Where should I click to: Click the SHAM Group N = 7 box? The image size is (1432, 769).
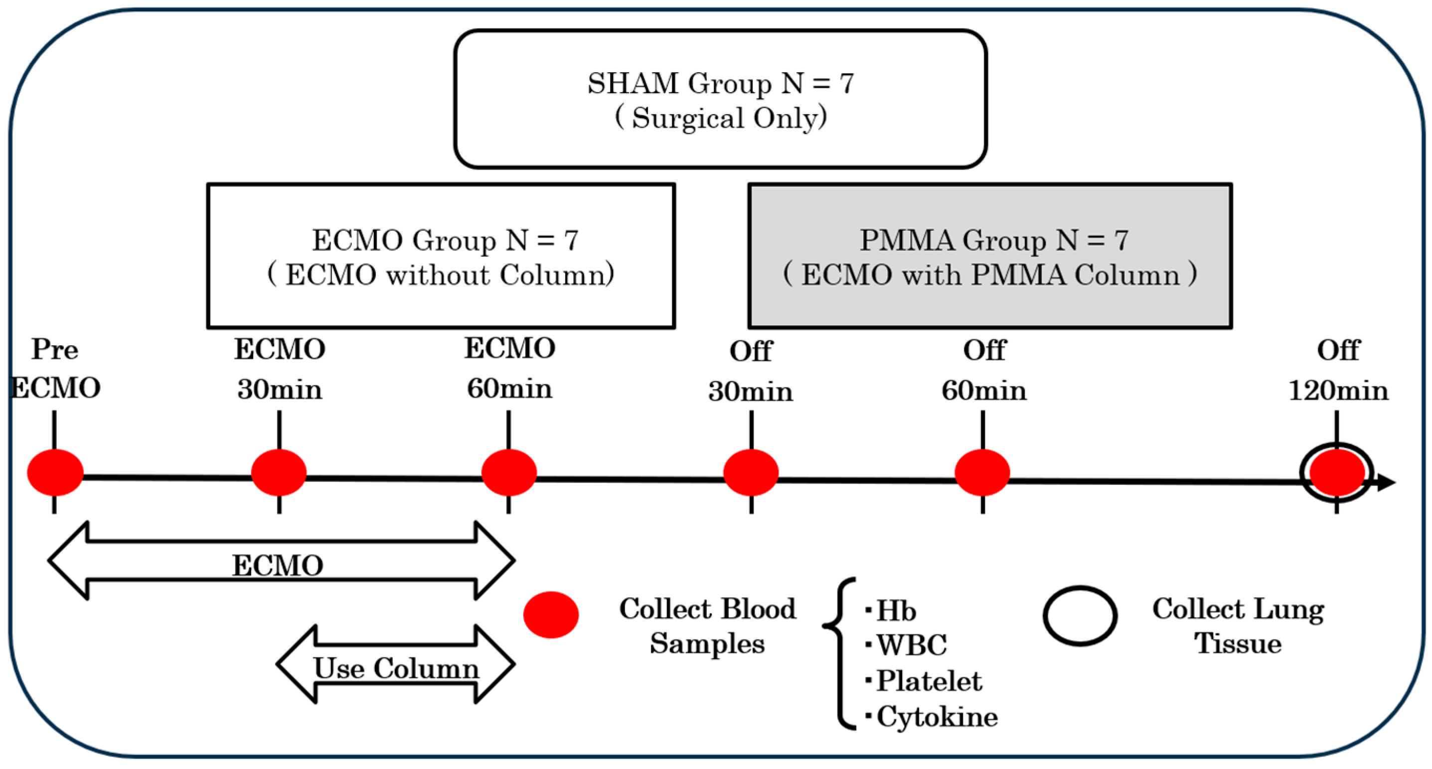coord(720,99)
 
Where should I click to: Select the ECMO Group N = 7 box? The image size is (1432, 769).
coord(441,256)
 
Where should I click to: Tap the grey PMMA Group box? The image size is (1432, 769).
coord(990,256)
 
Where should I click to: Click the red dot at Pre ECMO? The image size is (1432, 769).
coord(55,472)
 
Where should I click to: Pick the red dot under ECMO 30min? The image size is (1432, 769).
coord(279,472)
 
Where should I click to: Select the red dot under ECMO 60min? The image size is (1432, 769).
coord(508,472)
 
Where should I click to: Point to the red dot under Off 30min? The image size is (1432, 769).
coord(751,472)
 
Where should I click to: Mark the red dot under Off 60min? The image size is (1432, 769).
coord(982,472)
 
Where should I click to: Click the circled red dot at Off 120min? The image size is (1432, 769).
coord(1336,473)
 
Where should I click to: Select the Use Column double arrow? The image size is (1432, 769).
coord(396,664)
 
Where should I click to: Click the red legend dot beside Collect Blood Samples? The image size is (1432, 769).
coord(551,615)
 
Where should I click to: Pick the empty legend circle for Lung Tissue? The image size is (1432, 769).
coord(1080,616)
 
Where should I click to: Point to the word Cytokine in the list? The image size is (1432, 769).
coord(937,717)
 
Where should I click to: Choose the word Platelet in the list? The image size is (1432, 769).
coord(929,681)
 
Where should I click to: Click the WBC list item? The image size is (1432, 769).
coord(911,645)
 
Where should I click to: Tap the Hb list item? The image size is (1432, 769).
coord(896,611)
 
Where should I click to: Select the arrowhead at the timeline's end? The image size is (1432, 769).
coord(1387,482)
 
